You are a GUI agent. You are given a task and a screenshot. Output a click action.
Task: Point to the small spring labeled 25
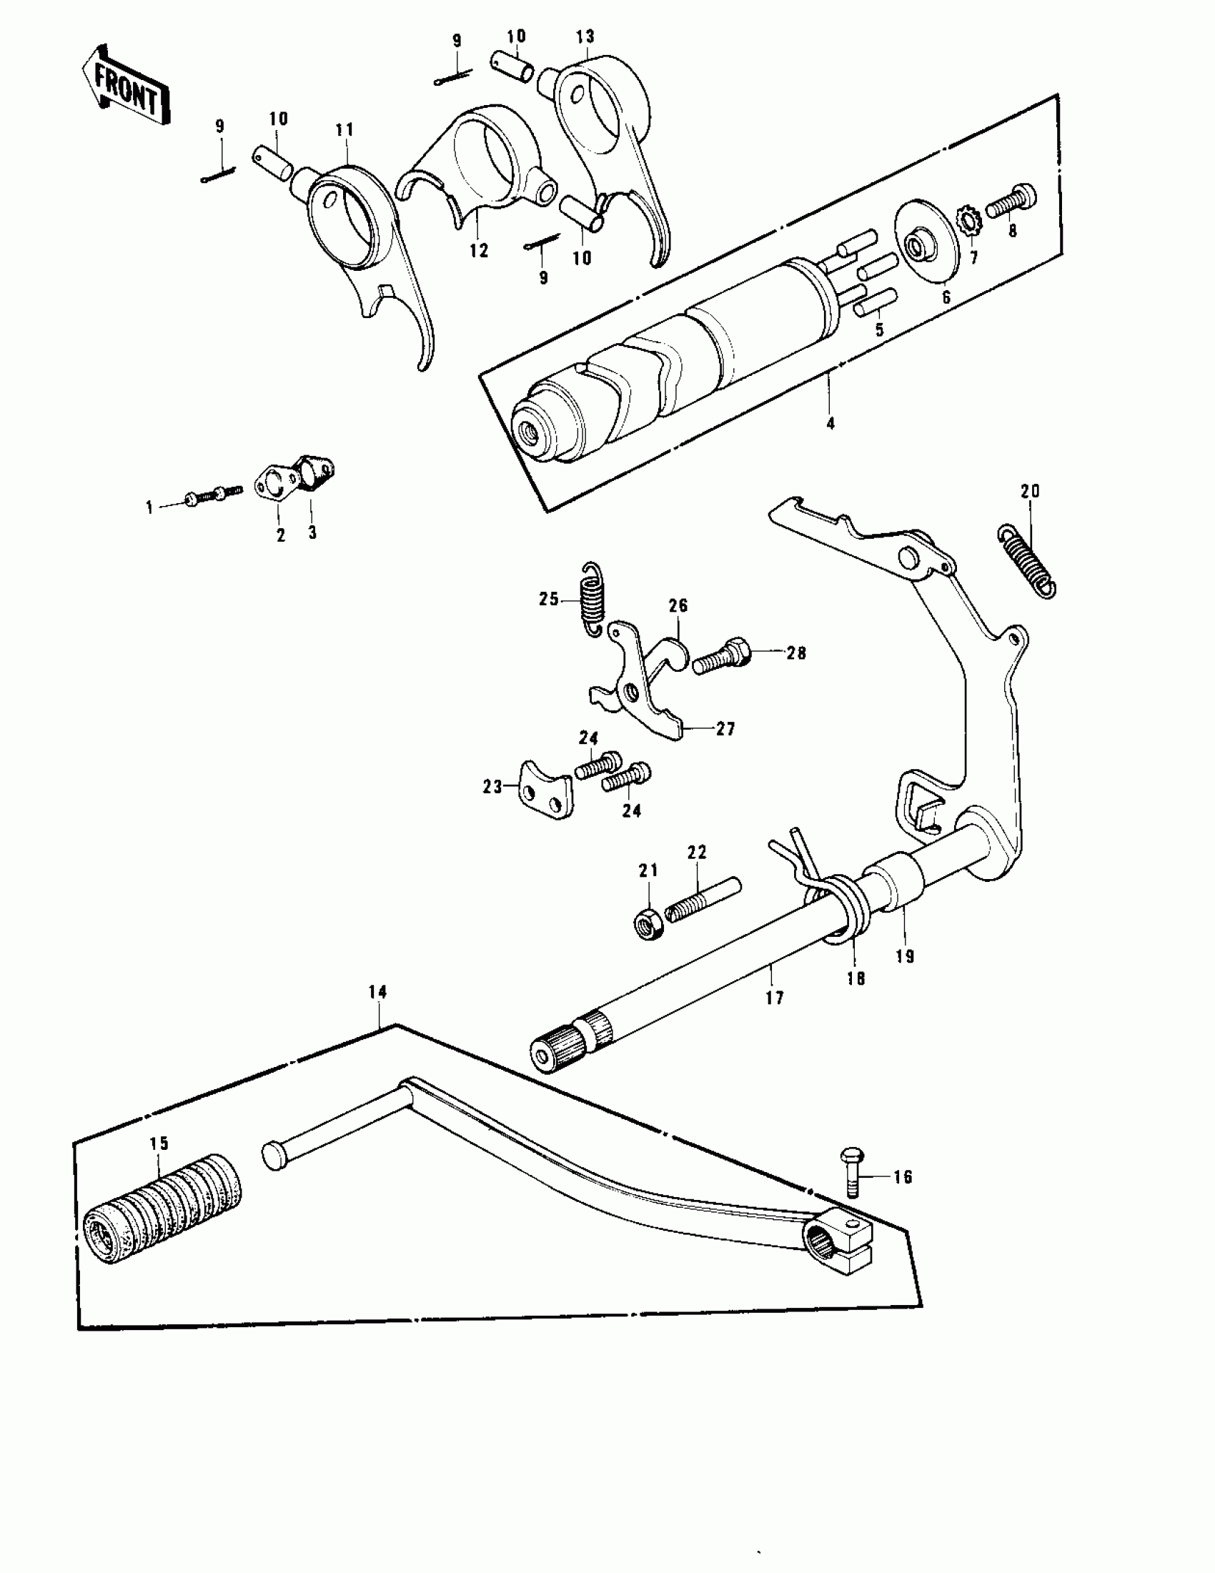pyautogui.click(x=592, y=597)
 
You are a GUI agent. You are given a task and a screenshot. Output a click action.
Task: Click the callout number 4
pyautogui.click(x=830, y=424)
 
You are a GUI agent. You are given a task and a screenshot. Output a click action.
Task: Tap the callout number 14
pyautogui.click(x=377, y=992)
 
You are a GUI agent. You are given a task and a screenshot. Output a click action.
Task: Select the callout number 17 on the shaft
pyautogui.click(x=775, y=998)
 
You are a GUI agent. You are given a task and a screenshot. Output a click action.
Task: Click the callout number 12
pyautogui.click(x=478, y=251)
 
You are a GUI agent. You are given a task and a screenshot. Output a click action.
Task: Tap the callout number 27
pyautogui.click(x=725, y=730)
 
